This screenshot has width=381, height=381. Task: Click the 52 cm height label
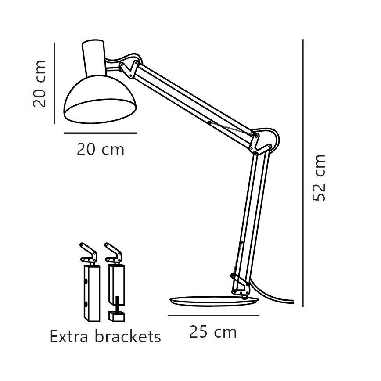[320, 178]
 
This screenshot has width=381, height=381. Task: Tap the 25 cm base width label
[213, 332]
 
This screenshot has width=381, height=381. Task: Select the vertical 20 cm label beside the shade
[40, 84]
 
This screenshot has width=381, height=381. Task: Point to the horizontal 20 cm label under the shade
[101, 149]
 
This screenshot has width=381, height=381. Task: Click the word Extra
[68, 337]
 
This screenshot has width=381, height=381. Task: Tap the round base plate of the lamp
[214, 302]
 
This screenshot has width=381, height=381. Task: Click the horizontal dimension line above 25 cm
[213, 315]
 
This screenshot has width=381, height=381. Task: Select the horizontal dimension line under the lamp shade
[100, 133]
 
